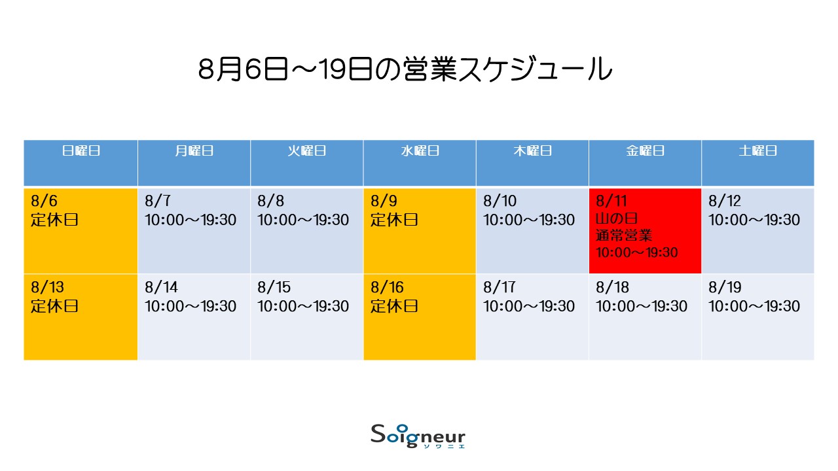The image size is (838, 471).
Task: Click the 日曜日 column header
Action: click(81, 150)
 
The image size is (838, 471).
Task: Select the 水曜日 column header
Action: click(420, 150)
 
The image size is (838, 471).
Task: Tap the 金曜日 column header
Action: click(645, 150)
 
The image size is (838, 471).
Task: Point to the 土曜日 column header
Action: click(758, 150)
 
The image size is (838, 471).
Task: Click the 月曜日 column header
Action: click(194, 150)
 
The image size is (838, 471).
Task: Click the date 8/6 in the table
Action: click(44, 201)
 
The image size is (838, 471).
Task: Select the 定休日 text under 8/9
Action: click(394, 220)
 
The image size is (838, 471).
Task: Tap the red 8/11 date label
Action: click(611, 201)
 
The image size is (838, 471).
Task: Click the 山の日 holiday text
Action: click(617, 218)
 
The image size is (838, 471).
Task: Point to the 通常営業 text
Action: click(624, 235)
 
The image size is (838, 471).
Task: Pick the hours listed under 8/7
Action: click(191, 220)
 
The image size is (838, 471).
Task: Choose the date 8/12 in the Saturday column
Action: click(725, 201)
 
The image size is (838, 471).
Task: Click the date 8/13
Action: click(48, 287)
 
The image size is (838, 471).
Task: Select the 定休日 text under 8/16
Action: click(394, 306)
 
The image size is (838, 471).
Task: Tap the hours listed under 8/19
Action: click(754, 306)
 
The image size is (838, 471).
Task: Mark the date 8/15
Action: click(274, 287)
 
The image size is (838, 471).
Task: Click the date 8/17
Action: click(500, 287)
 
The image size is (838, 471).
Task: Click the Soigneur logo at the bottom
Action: click(418, 436)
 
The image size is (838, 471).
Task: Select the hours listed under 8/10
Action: click(529, 220)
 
